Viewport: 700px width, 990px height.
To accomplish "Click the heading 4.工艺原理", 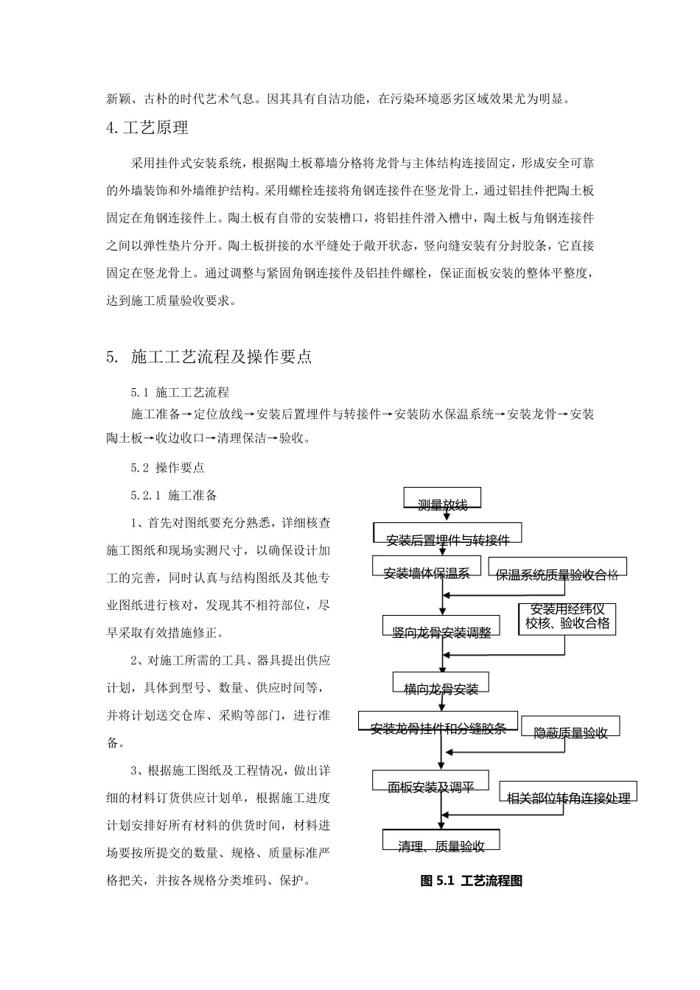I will click(147, 128).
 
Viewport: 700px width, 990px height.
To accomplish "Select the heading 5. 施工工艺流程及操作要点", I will click(209, 357).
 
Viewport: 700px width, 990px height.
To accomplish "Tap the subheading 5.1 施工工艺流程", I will click(180, 392).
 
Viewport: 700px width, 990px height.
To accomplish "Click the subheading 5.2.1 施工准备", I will click(174, 496).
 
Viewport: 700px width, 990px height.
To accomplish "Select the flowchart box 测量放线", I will click(442, 499).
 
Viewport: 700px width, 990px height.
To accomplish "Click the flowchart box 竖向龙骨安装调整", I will click(441, 625).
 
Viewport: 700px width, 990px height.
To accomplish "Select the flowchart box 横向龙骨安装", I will click(441, 682).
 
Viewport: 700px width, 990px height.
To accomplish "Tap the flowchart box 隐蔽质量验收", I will click(570, 726).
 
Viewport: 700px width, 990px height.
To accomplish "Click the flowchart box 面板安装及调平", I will click(431, 781).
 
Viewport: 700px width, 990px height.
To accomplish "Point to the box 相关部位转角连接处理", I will click(568, 792).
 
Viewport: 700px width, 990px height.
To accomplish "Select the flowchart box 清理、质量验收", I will click(441, 840).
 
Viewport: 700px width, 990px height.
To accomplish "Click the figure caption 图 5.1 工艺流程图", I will click(471, 881).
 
